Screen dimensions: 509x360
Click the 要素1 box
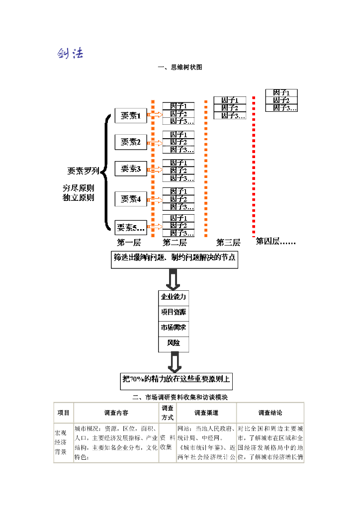pos(131,116)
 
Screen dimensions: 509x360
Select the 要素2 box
pos(131,143)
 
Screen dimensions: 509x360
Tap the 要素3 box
pos(131,169)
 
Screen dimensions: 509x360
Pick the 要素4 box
pos(131,199)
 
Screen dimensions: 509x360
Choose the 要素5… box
pos(131,228)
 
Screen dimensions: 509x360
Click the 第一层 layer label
pos(129,243)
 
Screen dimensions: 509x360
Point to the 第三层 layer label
pos(228,243)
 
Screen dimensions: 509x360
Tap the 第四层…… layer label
pos(275,242)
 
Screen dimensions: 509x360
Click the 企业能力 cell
pos(174,297)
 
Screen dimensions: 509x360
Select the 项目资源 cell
pos(174,312)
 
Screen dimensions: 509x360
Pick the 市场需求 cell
pos(174,328)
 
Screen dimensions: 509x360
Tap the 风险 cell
pos(174,343)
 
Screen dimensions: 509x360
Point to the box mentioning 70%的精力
pos(177,380)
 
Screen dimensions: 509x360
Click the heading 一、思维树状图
pos(180,67)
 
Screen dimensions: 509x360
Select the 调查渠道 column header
pos(206,413)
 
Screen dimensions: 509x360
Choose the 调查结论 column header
pos(270,413)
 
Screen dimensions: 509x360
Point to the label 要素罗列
pos(84,171)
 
